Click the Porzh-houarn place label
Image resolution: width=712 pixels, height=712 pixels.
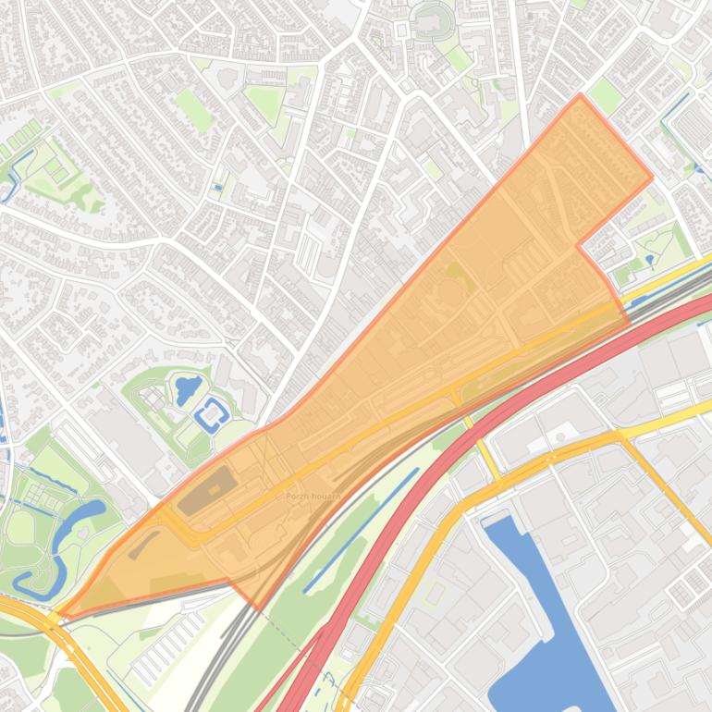coord(313,497)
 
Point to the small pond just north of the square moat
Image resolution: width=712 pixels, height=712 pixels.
coord(188,386)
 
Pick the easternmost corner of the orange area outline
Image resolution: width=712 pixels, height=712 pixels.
coord(652,178)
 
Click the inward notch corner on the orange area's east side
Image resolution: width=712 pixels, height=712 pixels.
coord(578,246)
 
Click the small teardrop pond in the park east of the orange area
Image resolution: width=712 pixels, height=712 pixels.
coord(650,260)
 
